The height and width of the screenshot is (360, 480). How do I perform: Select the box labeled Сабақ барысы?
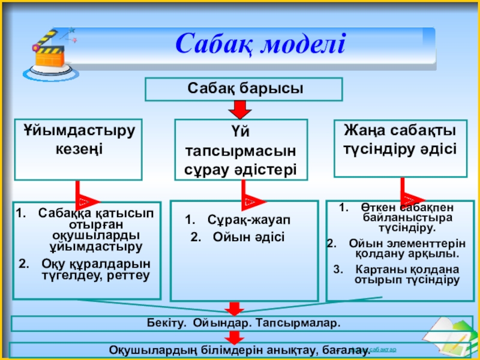244,88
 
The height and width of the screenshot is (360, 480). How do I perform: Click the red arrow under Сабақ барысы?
240,110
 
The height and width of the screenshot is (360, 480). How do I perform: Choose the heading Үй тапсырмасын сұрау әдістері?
241,149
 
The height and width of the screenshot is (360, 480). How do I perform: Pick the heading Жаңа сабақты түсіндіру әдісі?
400,139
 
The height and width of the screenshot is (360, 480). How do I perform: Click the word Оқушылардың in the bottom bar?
146,350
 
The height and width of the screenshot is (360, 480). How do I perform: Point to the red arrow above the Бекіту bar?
233,308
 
